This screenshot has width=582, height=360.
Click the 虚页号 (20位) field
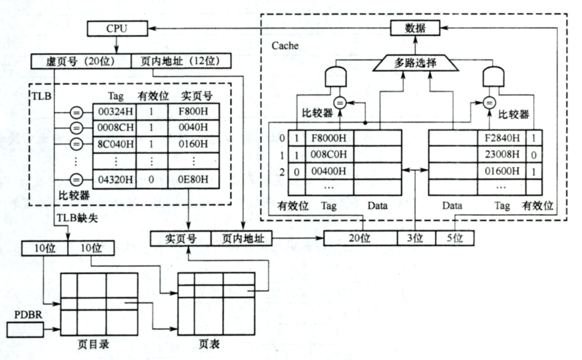pos(81,61)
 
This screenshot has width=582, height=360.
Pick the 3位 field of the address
pos(415,237)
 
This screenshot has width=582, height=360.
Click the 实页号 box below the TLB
pos(179,238)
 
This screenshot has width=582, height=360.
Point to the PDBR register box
pos(24,328)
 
